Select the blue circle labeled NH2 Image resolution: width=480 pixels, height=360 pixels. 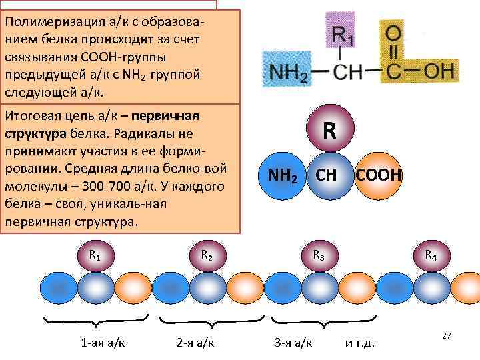coord(281,177)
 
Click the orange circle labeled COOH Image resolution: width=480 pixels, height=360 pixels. coord(378,176)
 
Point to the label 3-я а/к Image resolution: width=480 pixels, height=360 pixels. coord(293,343)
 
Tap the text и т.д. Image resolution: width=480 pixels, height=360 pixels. coord(360,343)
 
